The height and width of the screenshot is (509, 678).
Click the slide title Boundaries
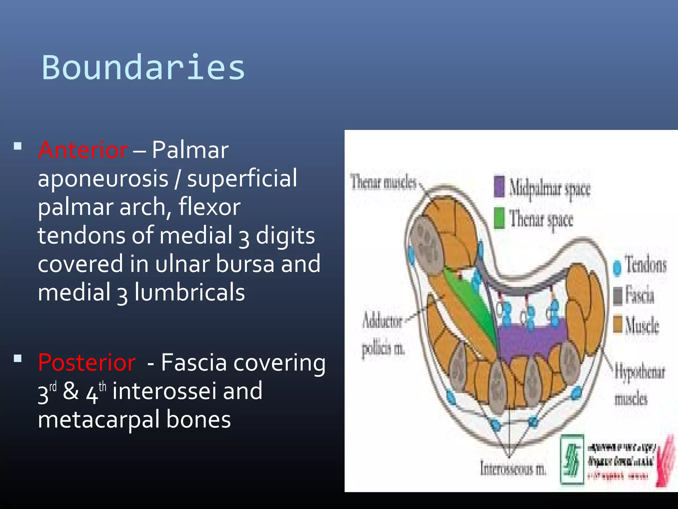click(x=143, y=68)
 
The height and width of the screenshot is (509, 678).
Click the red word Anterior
click(x=83, y=150)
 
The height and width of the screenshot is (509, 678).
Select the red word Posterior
click(x=87, y=363)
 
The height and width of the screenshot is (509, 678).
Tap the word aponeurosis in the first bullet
click(x=103, y=179)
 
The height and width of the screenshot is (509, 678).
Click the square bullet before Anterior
click(x=18, y=146)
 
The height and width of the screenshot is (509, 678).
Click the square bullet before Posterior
click(x=18, y=359)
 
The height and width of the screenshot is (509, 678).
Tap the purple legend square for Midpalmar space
click(x=499, y=186)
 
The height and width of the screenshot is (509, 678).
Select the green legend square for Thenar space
click(x=499, y=218)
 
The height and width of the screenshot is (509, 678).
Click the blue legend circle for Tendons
click(x=617, y=267)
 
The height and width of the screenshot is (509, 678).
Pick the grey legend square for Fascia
click(x=618, y=295)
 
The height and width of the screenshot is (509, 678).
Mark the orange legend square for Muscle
click(x=618, y=324)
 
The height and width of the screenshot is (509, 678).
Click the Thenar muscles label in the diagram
click(x=383, y=183)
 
